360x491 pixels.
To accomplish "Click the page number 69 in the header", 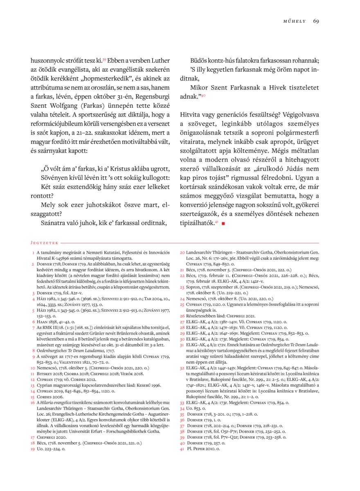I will pyautogui.click(x=316, y=21).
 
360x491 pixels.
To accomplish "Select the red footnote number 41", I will pyautogui.click(x=182, y=448).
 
